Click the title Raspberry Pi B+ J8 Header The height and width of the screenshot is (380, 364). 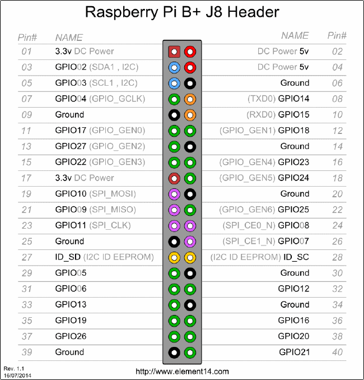pyautogui.click(x=181, y=12)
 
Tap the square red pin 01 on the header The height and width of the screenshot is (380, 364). pyautogui.click(x=174, y=52)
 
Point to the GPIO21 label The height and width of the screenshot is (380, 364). pyautogui.click(x=294, y=353)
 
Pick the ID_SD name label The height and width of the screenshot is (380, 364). pyautogui.click(x=68, y=257)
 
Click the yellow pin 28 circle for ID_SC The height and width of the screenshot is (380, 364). pyautogui.click(x=190, y=258)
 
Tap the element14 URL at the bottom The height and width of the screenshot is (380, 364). pyautogui.click(x=183, y=372)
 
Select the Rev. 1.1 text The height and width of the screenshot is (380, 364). pyautogui.click(x=12, y=368)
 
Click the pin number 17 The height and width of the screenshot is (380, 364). pyautogui.click(x=26, y=178)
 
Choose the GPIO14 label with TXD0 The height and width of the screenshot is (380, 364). pyautogui.click(x=293, y=99)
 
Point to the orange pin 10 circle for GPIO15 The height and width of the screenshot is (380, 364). pyautogui.click(x=190, y=115)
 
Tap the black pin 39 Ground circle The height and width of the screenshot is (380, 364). pyautogui.click(x=174, y=353)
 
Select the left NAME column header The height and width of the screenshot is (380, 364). pyautogui.click(x=69, y=38)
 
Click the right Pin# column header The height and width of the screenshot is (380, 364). pyautogui.click(x=337, y=35)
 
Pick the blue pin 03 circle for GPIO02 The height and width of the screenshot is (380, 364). pyautogui.click(x=174, y=67)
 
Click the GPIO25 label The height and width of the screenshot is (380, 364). pyautogui.click(x=293, y=210)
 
